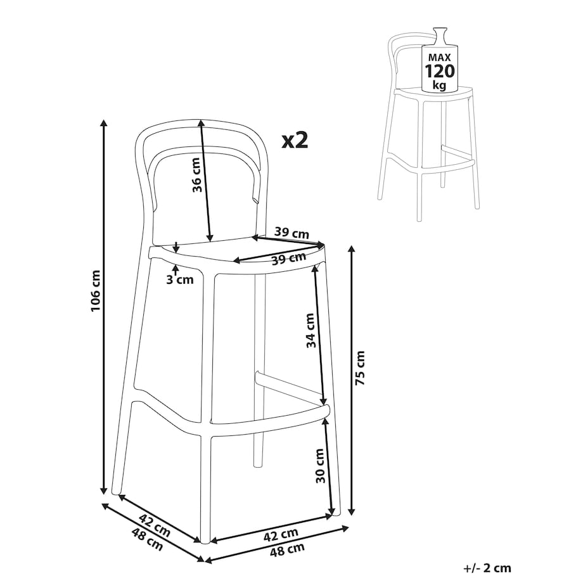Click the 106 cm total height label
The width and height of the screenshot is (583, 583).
(95, 291)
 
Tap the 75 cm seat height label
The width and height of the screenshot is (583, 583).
(360, 368)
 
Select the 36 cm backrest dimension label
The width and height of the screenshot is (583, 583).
(196, 175)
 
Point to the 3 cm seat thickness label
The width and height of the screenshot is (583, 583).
(180, 279)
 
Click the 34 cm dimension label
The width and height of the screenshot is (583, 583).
(311, 331)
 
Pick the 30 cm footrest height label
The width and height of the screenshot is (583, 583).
(320, 466)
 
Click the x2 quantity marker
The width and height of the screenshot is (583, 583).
(295, 141)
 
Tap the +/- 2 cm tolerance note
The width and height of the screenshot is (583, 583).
(487, 568)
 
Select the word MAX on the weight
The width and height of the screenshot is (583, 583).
(440, 57)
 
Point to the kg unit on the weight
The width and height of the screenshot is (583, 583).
(440, 85)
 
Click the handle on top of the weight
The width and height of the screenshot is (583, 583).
(440, 36)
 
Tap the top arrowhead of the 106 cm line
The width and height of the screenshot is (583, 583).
(105, 123)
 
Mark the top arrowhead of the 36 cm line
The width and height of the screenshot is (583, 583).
(201, 124)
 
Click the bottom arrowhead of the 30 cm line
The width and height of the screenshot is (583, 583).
(332, 511)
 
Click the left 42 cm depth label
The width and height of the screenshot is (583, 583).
(155, 525)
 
